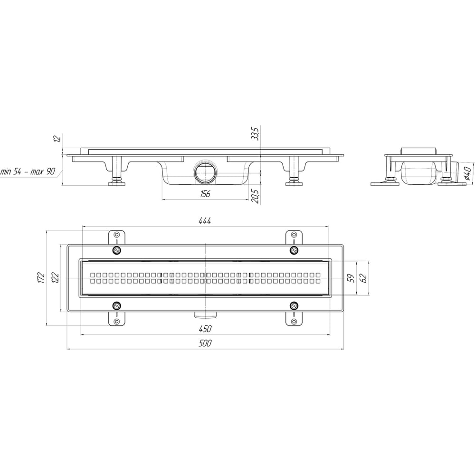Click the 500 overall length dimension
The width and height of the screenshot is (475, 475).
click(x=205, y=343)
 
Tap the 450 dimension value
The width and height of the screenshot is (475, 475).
click(x=205, y=328)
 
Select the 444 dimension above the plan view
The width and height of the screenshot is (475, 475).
click(x=205, y=221)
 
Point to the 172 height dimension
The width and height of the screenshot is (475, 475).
click(x=41, y=278)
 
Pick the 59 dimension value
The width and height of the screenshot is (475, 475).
click(x=351, y=278)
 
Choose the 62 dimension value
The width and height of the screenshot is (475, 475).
click(x=363, y=278)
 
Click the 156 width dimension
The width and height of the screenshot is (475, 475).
click(x=205, y=194)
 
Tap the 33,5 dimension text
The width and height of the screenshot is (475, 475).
click(x=256, y=133)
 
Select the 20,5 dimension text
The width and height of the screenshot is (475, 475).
click(x=256, y=197)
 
